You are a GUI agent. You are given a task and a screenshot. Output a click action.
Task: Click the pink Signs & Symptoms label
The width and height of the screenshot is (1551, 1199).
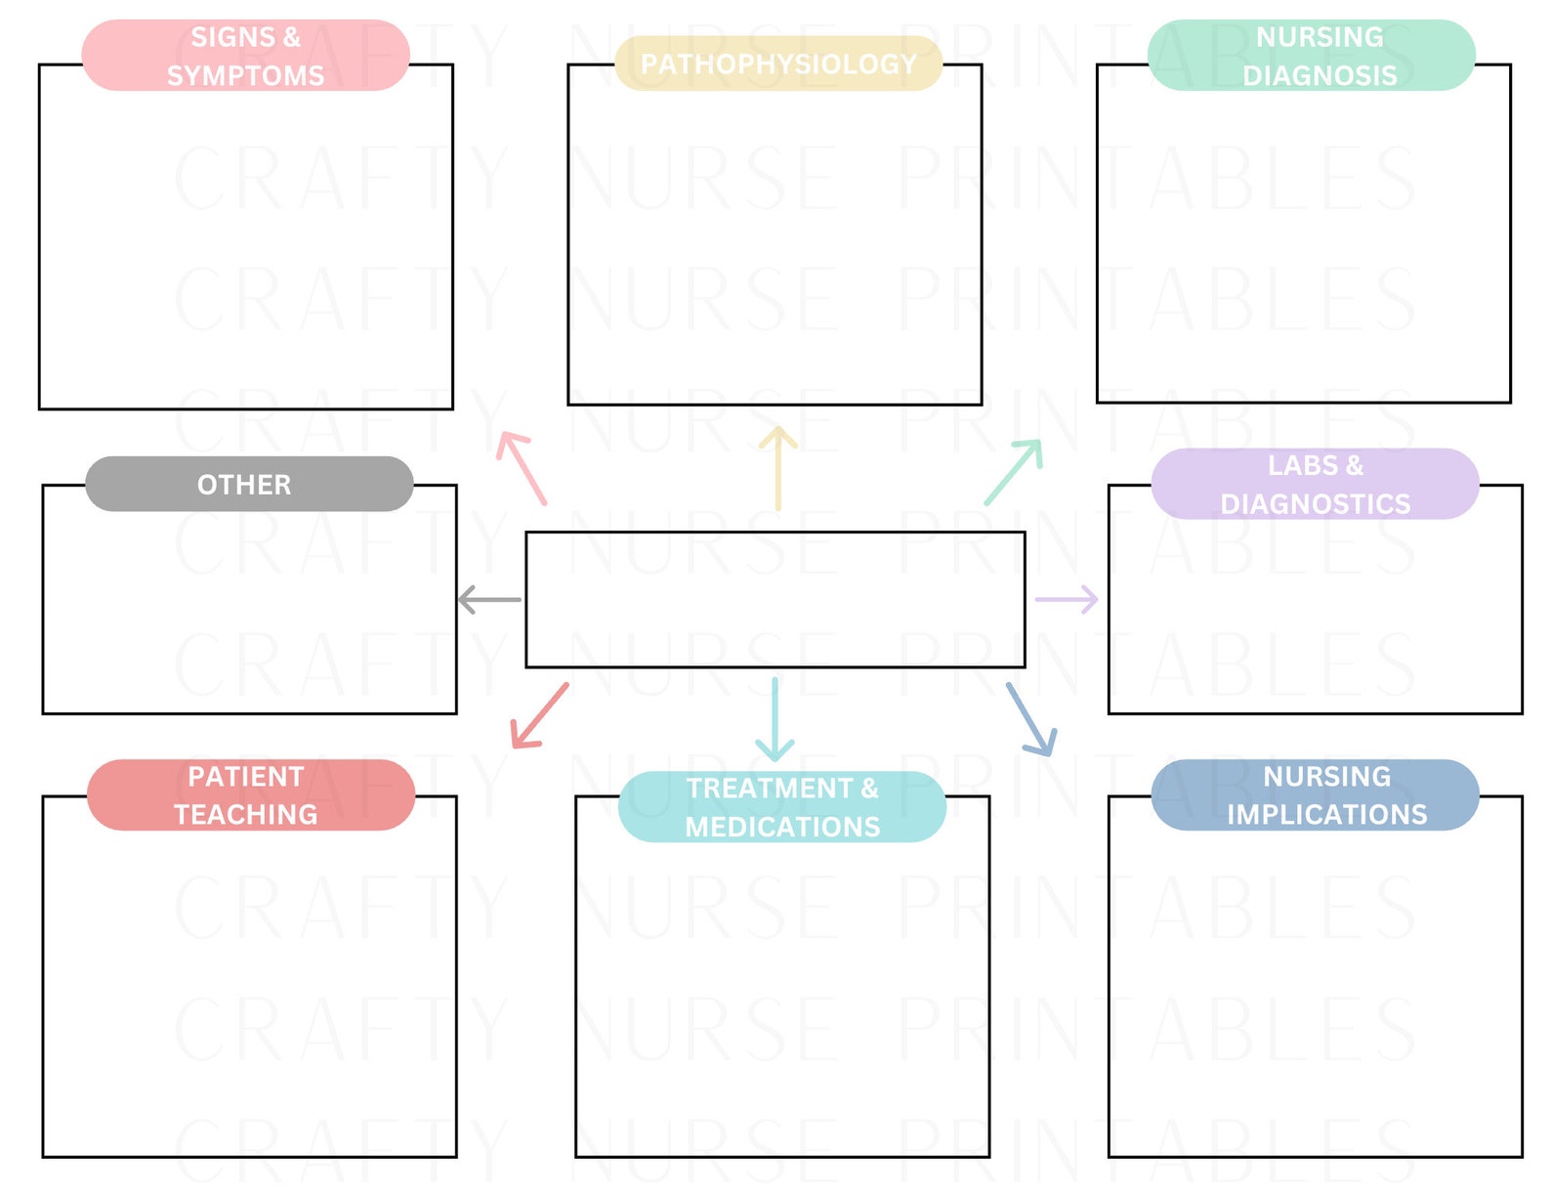coord(245,56)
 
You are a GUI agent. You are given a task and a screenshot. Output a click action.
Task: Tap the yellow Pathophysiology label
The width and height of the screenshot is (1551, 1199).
coord(778,64)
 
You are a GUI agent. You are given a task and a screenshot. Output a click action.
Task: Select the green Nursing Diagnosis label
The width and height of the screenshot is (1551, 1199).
coord(1311,56)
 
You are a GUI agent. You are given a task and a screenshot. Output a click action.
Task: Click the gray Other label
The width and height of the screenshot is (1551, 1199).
coord(249,484)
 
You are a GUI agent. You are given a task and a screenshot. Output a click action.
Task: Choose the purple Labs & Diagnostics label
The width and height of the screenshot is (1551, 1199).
coord(1315,484)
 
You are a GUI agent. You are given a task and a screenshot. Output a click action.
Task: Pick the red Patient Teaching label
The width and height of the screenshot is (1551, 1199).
coord(251,794)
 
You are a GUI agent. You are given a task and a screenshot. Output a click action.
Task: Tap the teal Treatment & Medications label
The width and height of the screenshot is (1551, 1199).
coord(782,806)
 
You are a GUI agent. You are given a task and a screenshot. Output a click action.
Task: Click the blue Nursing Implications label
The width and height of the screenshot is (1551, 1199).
coord(1315,794)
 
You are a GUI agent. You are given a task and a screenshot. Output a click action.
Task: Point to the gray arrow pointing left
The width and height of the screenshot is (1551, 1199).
coord(489,599)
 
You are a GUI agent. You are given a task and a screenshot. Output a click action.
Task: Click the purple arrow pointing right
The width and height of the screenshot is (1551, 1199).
coord(1067,599)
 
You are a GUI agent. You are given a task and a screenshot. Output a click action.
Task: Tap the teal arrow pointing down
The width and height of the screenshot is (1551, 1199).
coord(775,719)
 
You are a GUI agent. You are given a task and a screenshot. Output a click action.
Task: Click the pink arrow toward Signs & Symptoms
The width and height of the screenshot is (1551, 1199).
coord(521,467)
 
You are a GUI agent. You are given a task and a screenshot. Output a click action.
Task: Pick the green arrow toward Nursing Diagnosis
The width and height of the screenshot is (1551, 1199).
coord(1014,472)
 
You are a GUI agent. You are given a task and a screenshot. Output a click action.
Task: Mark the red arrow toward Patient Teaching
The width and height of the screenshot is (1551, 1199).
coord(539,716)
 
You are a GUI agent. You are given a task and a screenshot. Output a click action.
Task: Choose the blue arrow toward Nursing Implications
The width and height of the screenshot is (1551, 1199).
coord(1031,719)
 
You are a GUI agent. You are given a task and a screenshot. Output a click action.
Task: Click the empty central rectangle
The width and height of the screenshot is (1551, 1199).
coord(775,599)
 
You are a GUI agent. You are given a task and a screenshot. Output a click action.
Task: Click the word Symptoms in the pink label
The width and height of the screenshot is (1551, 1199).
coord(245,75)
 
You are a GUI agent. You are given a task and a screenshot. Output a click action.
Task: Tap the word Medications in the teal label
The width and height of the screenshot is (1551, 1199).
coord(782,827)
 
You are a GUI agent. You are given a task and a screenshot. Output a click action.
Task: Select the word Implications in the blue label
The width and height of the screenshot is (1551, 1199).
coord(1326,814)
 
